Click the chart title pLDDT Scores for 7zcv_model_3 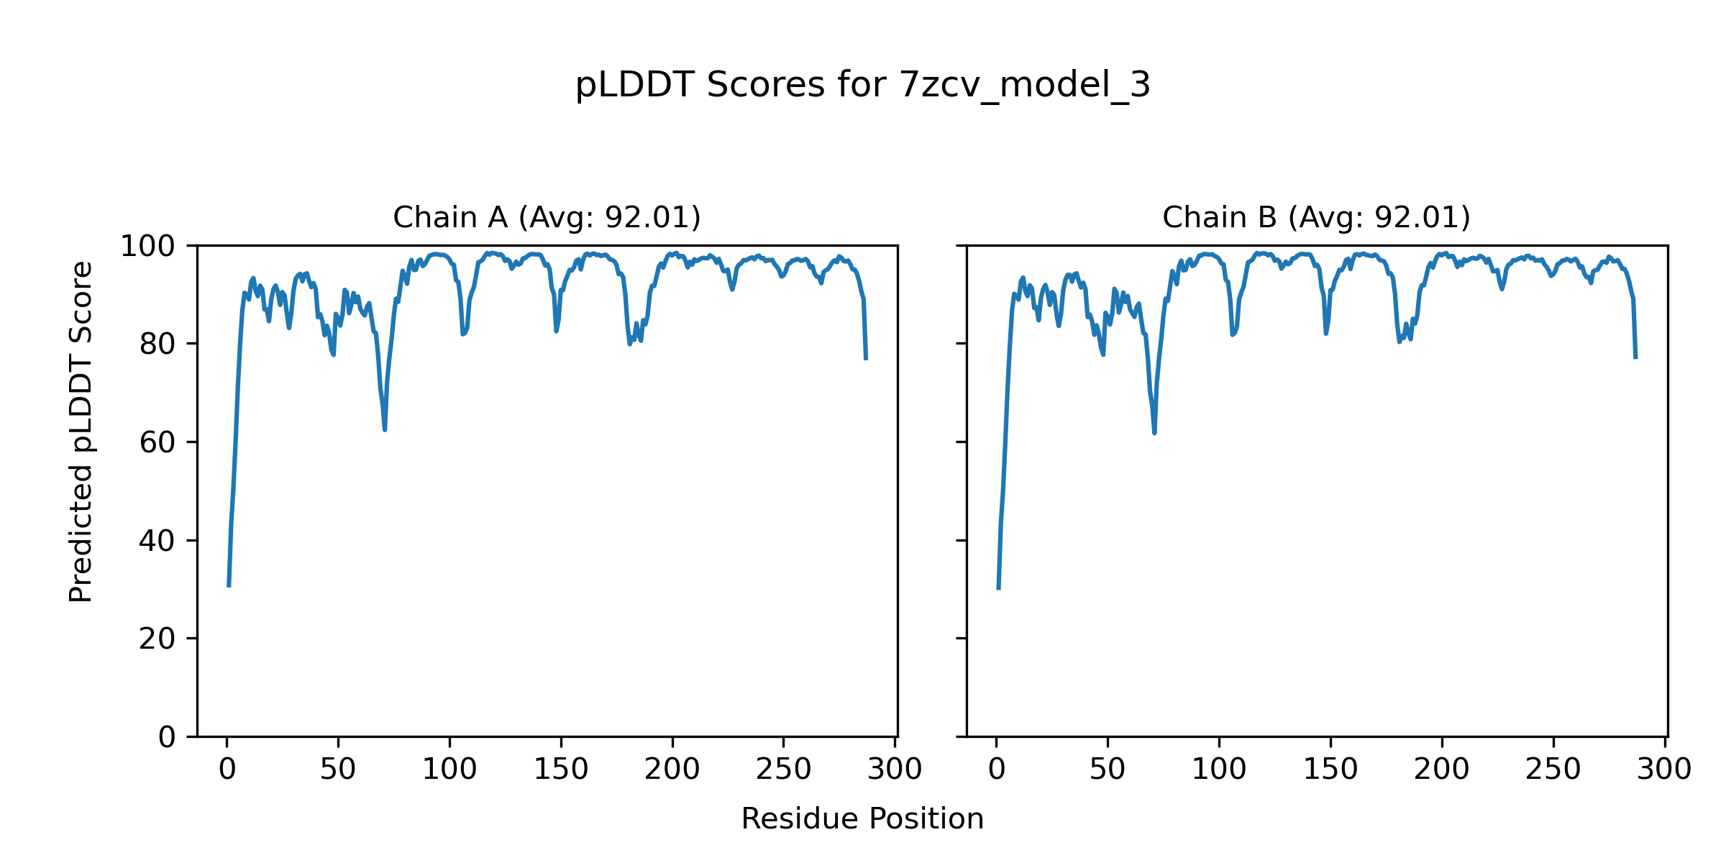pyautogui.click(x=862, y=86)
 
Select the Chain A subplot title pyautogui.click(x=547, y=217)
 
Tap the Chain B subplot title pyautogui.click(x=1316, y=217)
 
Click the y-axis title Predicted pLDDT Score pyautogui.click(x=81, y=431)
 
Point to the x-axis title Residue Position pyautogui.click(x=862, y=818)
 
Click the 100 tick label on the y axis pyautogui.click(x=147, y=247)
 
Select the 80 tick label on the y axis pyautogui.click(x=157, y=344)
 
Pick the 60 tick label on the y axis pyautogui.click(x=157, y=442)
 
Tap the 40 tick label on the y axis pyautogui.click(x=157, y=541)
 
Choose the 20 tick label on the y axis pyautogui.click(x=157, y=639)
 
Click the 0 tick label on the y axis pyautogui.click(x=167, y=737)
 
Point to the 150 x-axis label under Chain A pyautogui.click(x=561, y=770)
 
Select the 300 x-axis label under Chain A pyautogui.click(x=895, y=770)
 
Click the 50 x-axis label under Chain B pyautogui.click(x=1108, y=770)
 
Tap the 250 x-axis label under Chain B pyautogui.click(x=1553, y=770)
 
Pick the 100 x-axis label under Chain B pyautogui.click(x=1219, y=770)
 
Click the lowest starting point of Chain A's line pyautogui.click(x=229, y=586)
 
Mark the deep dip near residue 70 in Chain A pyautogui.click(x=385, y=429)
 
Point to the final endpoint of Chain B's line pyautogui.click(x=1635, y=357)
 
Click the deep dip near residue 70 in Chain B pyautogui.click(x=1154, y=433)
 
